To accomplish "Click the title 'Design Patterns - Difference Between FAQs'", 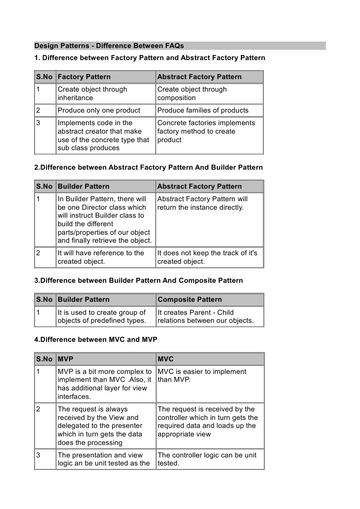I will click(x=109, y=46).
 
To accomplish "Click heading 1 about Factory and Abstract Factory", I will click(x=149, y=58).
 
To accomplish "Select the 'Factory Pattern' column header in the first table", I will click(x=84, y=77).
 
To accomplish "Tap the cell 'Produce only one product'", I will click(x=99, y=111).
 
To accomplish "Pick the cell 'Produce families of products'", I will click(x=203, y=111).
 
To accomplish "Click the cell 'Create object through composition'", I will click(x=192, y=94).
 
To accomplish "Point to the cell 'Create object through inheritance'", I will click(x=92, y=94).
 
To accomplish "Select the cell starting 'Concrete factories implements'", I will click(x=206, y=132).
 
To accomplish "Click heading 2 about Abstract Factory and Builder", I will click(x=148, y=167).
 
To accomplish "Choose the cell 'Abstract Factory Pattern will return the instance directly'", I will click(x=202, y=203).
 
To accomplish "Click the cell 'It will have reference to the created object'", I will click(x=101, y=257).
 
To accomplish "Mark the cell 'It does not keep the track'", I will click(x=207, y=257).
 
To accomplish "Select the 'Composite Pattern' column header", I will click(x=189, y=300).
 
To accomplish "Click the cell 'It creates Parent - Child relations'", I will click(x=205, y=316).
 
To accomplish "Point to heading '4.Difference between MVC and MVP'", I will click(x=96, y=339).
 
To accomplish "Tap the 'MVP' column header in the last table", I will click(x=65, y=359).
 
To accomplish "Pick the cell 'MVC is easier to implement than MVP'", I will click(x=202, y=375).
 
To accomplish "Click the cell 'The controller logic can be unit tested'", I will click(x=207, y=459).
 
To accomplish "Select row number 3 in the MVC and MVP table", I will click(x=39, y=455).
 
